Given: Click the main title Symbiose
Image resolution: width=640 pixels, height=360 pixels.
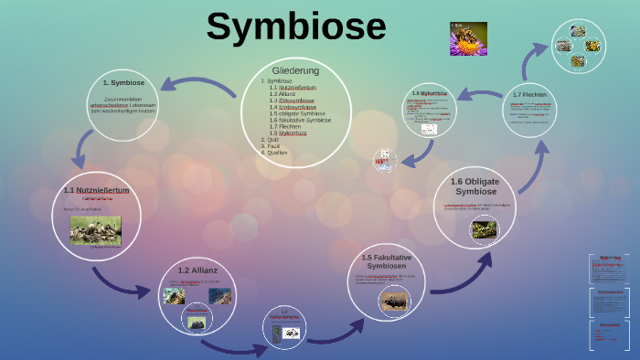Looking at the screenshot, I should point(295,26).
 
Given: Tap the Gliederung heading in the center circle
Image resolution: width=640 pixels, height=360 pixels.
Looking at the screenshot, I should point(295,70).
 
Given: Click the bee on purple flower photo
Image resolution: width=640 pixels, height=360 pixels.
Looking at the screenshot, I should point(468,39).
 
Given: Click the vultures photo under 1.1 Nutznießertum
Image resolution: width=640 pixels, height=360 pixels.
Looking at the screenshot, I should point(96,229).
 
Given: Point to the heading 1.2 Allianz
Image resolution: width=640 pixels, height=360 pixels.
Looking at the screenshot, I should point(197,270).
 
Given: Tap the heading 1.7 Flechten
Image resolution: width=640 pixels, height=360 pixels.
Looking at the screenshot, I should point(530,95).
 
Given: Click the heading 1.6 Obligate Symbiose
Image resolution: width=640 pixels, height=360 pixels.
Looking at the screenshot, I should point(475,186).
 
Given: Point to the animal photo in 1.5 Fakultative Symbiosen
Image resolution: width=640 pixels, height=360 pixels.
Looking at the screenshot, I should point(394,299).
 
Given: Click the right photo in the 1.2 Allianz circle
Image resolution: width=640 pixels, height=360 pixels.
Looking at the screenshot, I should point(219,295).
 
